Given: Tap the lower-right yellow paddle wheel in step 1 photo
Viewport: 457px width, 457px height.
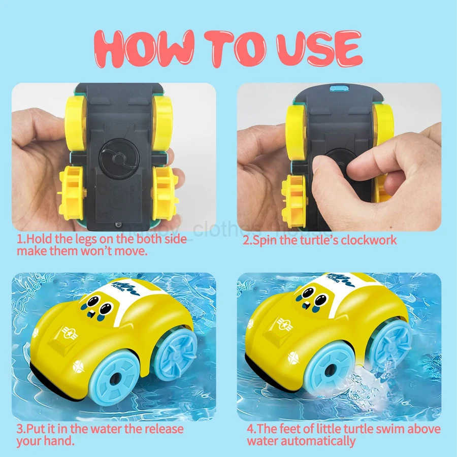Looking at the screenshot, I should [x=165, y=193].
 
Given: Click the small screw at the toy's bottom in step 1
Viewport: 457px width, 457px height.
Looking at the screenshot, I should [x=117, y=223].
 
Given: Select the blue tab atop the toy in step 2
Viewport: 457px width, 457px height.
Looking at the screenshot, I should [x=336, y=89].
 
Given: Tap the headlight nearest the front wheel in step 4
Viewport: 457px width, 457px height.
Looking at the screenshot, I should [x=293, y=358].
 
